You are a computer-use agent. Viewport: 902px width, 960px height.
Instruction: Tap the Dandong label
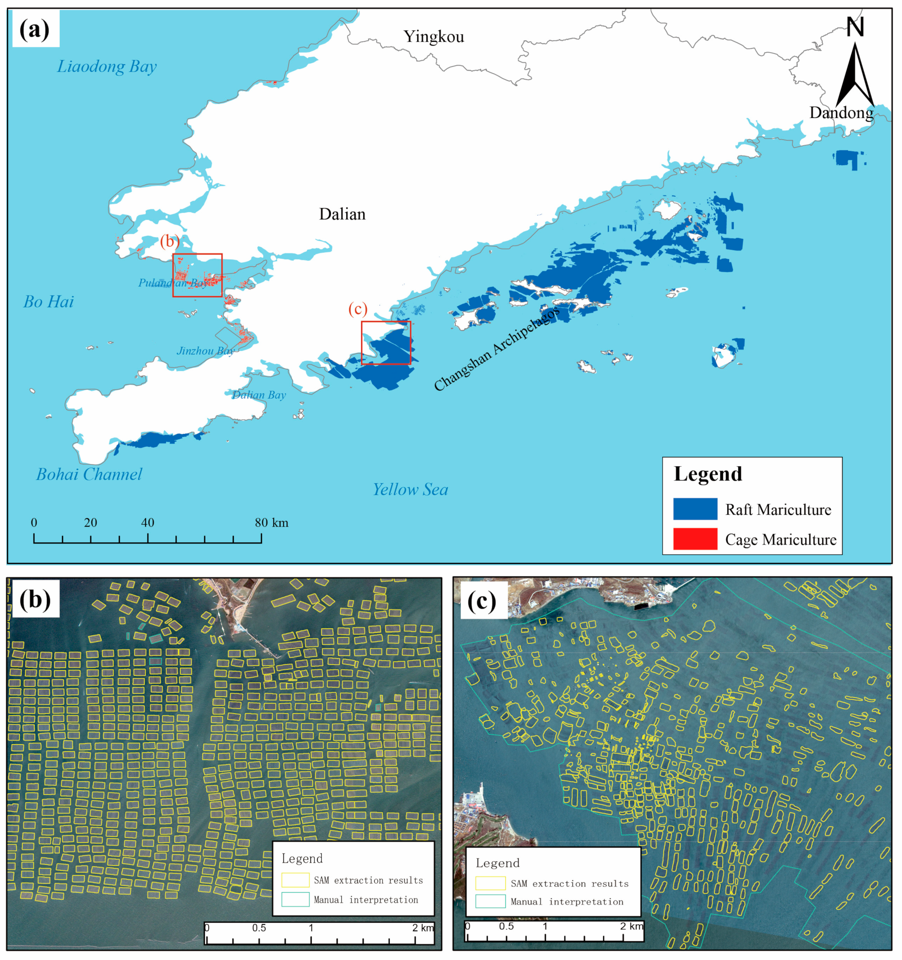click(841, 113)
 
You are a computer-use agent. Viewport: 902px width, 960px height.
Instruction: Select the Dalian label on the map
click(342, 214)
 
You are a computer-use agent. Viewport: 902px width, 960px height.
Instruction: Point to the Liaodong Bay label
click(107, 67)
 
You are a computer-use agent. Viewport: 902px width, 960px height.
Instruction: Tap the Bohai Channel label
click(89, 474)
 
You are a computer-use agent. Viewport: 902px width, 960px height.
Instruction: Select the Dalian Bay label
click(259, 395)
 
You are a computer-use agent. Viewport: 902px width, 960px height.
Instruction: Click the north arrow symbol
click(855, 73)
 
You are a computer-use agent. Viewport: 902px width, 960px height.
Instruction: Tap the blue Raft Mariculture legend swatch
click(695, 509)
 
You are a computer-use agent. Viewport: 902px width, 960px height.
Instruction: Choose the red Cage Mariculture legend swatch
click(695, 539)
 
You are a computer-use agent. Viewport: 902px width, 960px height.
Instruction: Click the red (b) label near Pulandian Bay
click(170, 241)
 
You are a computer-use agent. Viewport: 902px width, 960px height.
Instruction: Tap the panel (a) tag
click(35, 30)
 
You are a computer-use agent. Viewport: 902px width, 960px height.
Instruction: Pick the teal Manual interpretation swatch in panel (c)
click(490, 901)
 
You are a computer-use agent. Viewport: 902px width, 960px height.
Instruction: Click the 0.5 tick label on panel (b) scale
click(259, 928)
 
